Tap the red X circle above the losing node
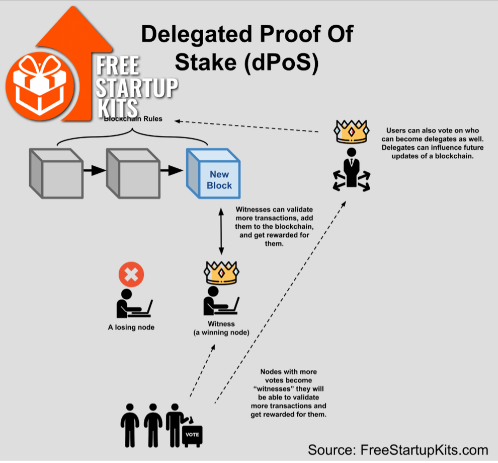131,275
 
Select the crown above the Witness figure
220,273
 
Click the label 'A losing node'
131,327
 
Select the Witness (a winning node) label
221,328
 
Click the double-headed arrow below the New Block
220,233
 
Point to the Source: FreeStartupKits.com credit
398,449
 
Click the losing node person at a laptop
132,303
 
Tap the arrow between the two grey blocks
94,171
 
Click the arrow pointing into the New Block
172,171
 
